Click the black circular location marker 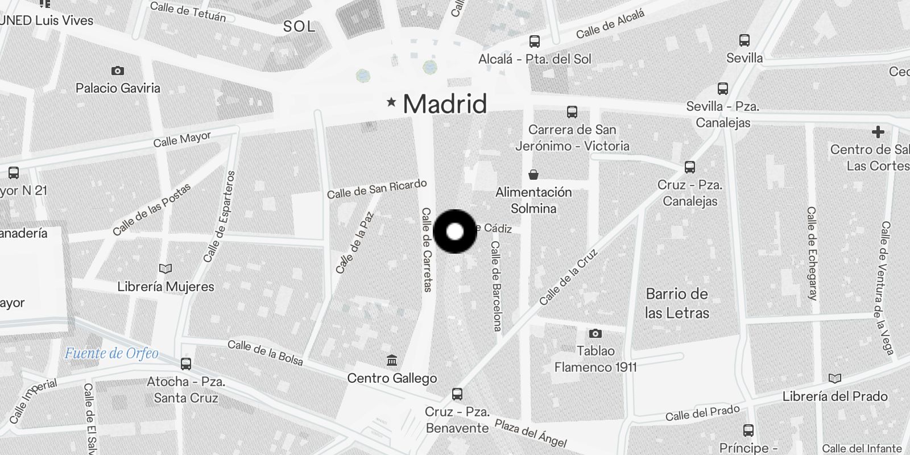point(455,231)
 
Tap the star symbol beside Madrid point(391,102)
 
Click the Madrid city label point(445,104)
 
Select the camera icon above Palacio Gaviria point(118,71)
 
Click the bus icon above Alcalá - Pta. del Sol point(534,41)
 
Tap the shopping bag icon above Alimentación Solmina point(533,174)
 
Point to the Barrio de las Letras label point(677,303)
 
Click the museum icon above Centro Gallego point(392,361)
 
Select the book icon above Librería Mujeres point(166,268)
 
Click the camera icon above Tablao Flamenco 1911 point(595,333)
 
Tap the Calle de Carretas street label point(427,250)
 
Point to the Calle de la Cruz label point(569,277)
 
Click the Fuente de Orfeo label point(111,353)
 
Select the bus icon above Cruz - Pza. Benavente point(457,394)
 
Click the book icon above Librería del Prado point(835,379)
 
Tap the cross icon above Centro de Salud point(878,132)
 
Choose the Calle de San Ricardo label point(377,189)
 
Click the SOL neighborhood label point(299,26)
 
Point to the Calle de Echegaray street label point(812,253)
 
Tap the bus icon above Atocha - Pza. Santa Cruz point(186,364)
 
